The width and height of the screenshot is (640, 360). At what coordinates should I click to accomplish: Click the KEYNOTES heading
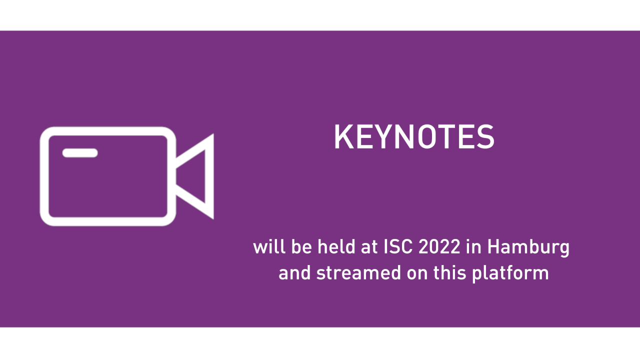tap(414, 137)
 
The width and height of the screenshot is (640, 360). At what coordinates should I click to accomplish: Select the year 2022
tap(439, 246)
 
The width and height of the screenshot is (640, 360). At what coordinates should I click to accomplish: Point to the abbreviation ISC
tap(398, 246)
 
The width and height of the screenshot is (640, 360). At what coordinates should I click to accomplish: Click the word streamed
tap(359, 272)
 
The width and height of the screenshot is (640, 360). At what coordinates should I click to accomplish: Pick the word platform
tap(510, 273)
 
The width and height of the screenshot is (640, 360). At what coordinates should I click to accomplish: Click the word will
tap(269, 246)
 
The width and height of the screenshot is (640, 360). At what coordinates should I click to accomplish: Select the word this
tap(450, 272)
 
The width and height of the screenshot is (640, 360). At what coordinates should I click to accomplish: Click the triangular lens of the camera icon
tap(209, 176)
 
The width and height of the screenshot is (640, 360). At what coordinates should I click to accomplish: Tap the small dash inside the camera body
tap(80, 153)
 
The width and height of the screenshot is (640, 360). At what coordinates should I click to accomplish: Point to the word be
tap(301, 246)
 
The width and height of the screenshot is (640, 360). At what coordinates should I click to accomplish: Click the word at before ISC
tap(369, 247)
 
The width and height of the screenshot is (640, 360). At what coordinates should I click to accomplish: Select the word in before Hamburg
tap(474, 246)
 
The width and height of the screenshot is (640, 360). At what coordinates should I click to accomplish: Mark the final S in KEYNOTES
tap(485, 137)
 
